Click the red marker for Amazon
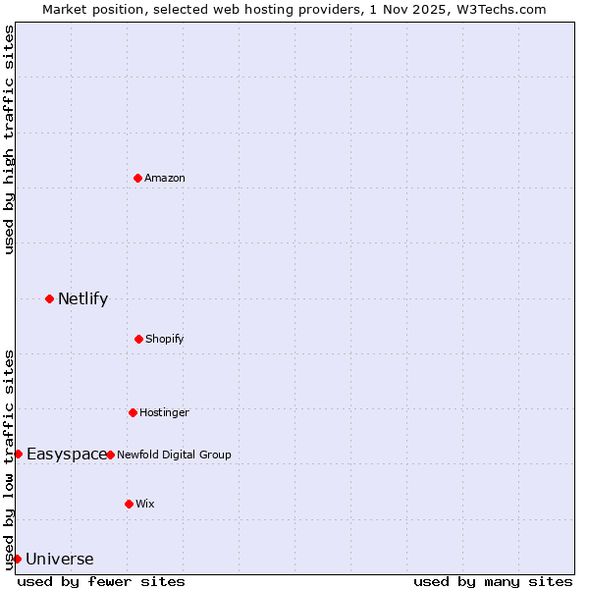[x=138, y=178]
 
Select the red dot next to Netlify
[x=49, y=298]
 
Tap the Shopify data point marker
[x=138, y=339]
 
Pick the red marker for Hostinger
[x=133, y=412]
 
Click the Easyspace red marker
[x=18, y=454]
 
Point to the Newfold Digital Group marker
[x=110, y=455]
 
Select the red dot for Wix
[x=129, y=504]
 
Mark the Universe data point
[x=17, y=559]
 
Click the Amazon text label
[x=165, y=178]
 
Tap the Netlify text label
[x=82, y=298]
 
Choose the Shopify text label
[x=165, y=339]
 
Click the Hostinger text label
[x=164, y=412]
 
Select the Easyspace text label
[x=66, y=454]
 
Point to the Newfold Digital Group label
[x=174, y=455]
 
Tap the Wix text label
[x=145, y=504]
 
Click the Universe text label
[x=60, y=560]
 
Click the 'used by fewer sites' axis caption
[x=101, y=581]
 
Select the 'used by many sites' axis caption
[x=493, y=581]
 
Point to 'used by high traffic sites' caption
[x=9, y=139]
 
